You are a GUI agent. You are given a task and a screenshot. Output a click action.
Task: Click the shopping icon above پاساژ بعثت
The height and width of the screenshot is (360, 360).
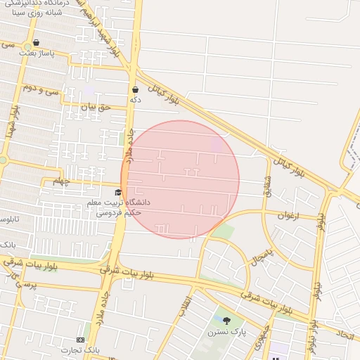(x=36, y=42)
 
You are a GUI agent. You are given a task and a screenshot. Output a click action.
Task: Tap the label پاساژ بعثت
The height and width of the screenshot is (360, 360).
(x=37, y=53)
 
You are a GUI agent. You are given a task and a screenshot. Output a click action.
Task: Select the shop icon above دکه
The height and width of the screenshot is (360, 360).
(x=135, y=89)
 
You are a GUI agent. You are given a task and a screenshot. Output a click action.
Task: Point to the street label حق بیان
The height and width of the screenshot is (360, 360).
(x=96, y=108)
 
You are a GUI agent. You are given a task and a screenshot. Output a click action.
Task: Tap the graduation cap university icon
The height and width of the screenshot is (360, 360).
(x=117, y=192)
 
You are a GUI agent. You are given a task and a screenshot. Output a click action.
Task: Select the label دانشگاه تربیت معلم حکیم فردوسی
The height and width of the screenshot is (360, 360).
(x=114, y=207)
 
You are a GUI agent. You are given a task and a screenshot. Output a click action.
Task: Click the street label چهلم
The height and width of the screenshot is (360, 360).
(x=62, y=181)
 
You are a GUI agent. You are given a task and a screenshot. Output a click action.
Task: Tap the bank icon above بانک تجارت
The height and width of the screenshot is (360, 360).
(x=80, y=340)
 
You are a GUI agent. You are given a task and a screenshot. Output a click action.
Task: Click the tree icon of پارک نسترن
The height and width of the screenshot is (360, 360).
(x=226, y=321)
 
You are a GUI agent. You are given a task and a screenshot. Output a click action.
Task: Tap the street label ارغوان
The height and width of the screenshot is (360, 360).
(x=288, y=215)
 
